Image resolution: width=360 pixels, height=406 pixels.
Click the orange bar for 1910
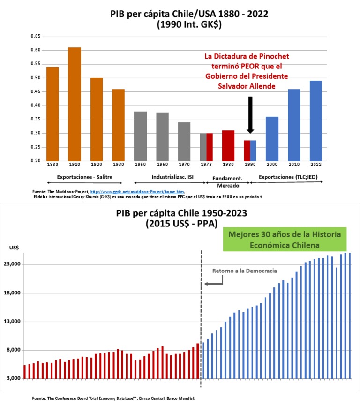click(74, 104)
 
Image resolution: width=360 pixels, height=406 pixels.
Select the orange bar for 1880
click(52, 114)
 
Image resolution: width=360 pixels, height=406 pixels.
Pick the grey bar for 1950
click(140, 136)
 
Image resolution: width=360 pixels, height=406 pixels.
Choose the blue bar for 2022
click(316, 120)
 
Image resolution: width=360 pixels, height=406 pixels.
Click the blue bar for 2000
click(272, 138)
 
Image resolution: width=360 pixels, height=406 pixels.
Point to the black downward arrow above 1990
click(250, 115)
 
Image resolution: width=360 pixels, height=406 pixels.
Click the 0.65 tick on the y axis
click(35, 36)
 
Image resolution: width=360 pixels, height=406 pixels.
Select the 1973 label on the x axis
click(206, 165)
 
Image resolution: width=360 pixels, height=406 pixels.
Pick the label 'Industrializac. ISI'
click(172, 177)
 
